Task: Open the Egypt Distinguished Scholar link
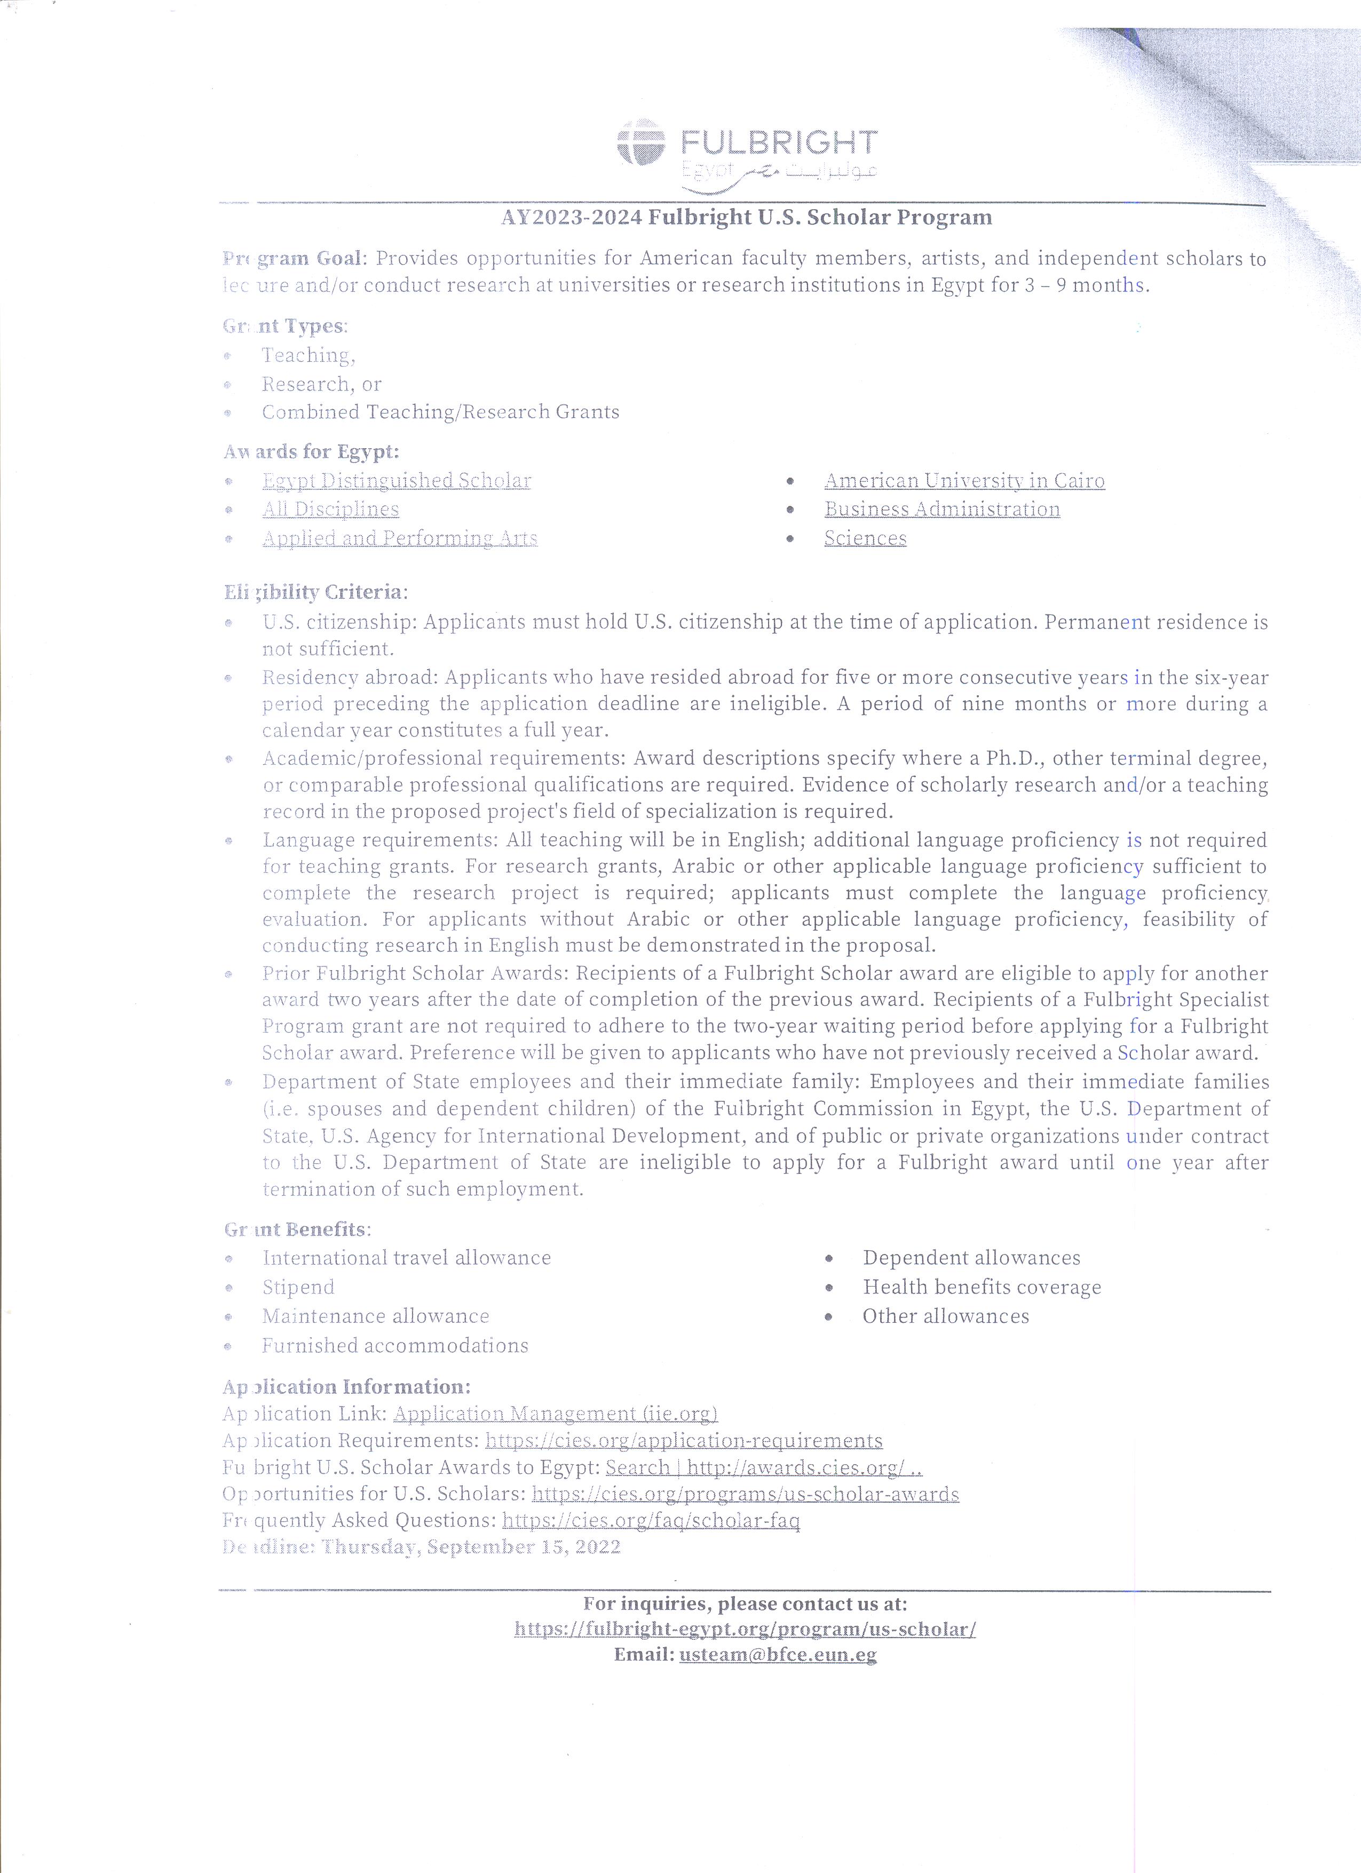[x=397, y=481]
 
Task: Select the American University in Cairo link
[x=964, y=481]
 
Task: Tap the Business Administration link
[x=941, y=510]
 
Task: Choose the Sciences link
[x=865, y=538]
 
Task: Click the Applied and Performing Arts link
[x=400, y=538]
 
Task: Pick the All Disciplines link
[x=330, y=510]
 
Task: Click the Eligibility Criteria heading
[x=315, y=592]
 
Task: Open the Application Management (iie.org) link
[x=555, y=1414]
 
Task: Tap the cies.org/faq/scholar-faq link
[x=651, y=1520]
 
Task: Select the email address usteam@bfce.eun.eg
[x=778, y=1655]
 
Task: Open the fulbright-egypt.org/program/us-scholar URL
[x=745, y=1629]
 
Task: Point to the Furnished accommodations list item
[x=395, y=1345]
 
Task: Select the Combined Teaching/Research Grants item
[x=440, y=412]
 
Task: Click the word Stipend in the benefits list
[x=298, y=1288]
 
